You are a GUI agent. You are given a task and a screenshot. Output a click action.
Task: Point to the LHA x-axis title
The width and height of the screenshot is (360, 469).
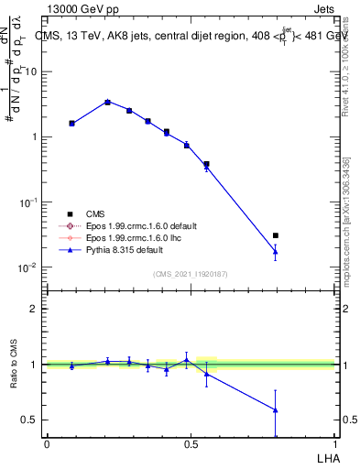pos(323,456)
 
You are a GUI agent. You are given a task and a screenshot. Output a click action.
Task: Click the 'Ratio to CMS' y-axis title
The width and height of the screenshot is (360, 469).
pos(14,365)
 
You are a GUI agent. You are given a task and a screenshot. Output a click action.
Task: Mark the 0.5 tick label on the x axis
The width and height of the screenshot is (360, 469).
pos(191,443)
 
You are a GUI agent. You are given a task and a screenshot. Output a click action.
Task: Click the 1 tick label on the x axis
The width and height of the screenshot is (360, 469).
pos(335,443)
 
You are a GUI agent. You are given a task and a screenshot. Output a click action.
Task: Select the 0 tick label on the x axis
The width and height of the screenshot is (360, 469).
pos(47,443)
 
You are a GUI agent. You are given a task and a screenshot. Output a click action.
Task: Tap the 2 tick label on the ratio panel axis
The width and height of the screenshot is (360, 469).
pos(36,309)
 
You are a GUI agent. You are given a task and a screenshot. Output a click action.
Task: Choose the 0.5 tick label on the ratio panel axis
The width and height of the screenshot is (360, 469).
pos(32,420)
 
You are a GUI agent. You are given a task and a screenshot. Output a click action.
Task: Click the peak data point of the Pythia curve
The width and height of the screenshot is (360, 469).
pos(107,102)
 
